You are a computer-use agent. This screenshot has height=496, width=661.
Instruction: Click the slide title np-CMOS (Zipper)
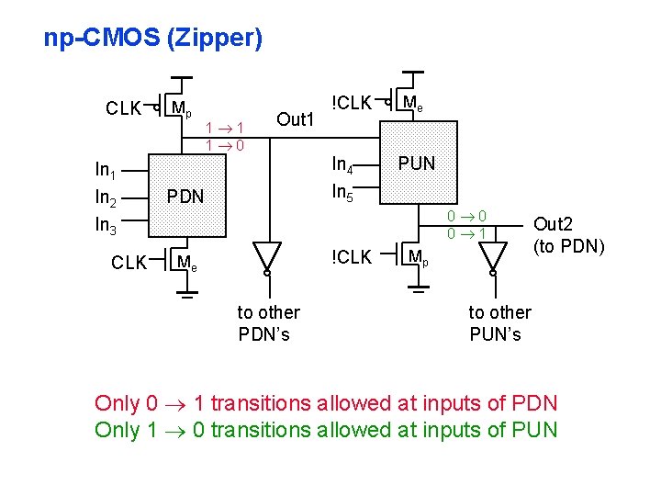(152, 39)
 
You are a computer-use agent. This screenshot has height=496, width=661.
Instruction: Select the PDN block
(185, 197)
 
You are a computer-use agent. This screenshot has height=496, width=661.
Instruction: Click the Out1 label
(296, 119)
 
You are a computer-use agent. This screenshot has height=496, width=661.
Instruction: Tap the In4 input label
(342, 165)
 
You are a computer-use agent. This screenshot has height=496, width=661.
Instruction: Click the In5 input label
(342, 192)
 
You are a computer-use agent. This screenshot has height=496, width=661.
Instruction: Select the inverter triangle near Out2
(493, 254)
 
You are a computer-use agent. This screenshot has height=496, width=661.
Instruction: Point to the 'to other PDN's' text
(268, 323)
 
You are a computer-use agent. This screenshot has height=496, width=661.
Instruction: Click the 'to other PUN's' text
(499, 323)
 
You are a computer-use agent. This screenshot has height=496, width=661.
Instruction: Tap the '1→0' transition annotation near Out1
(223, 145)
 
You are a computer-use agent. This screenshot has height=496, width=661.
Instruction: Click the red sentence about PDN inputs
(326, 403)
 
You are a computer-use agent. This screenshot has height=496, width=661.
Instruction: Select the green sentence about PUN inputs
(326, 430)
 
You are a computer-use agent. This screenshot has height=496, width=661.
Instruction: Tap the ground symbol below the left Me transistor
(186, 297)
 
